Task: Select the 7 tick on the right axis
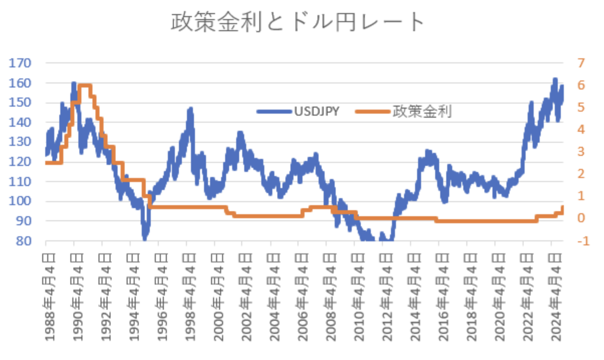point(582,63)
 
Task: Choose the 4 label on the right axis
point(582,130)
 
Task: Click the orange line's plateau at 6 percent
point(85,85)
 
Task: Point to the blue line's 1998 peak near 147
point(190,109)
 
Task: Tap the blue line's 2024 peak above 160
point(555,80)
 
